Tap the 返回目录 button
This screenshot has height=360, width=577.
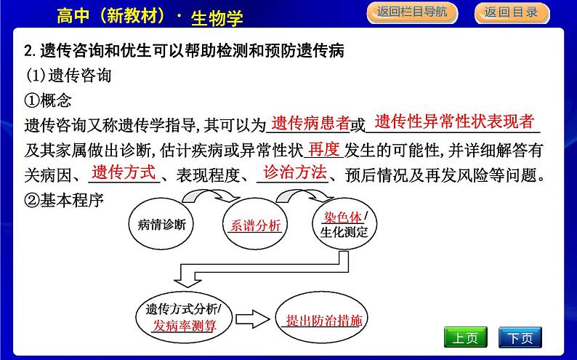511,12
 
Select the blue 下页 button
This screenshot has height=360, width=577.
520,337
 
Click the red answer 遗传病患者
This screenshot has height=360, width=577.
310,124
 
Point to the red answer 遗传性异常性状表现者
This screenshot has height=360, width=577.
454,121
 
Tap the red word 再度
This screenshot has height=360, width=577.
323,150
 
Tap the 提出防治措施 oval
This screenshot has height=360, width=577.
324,319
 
